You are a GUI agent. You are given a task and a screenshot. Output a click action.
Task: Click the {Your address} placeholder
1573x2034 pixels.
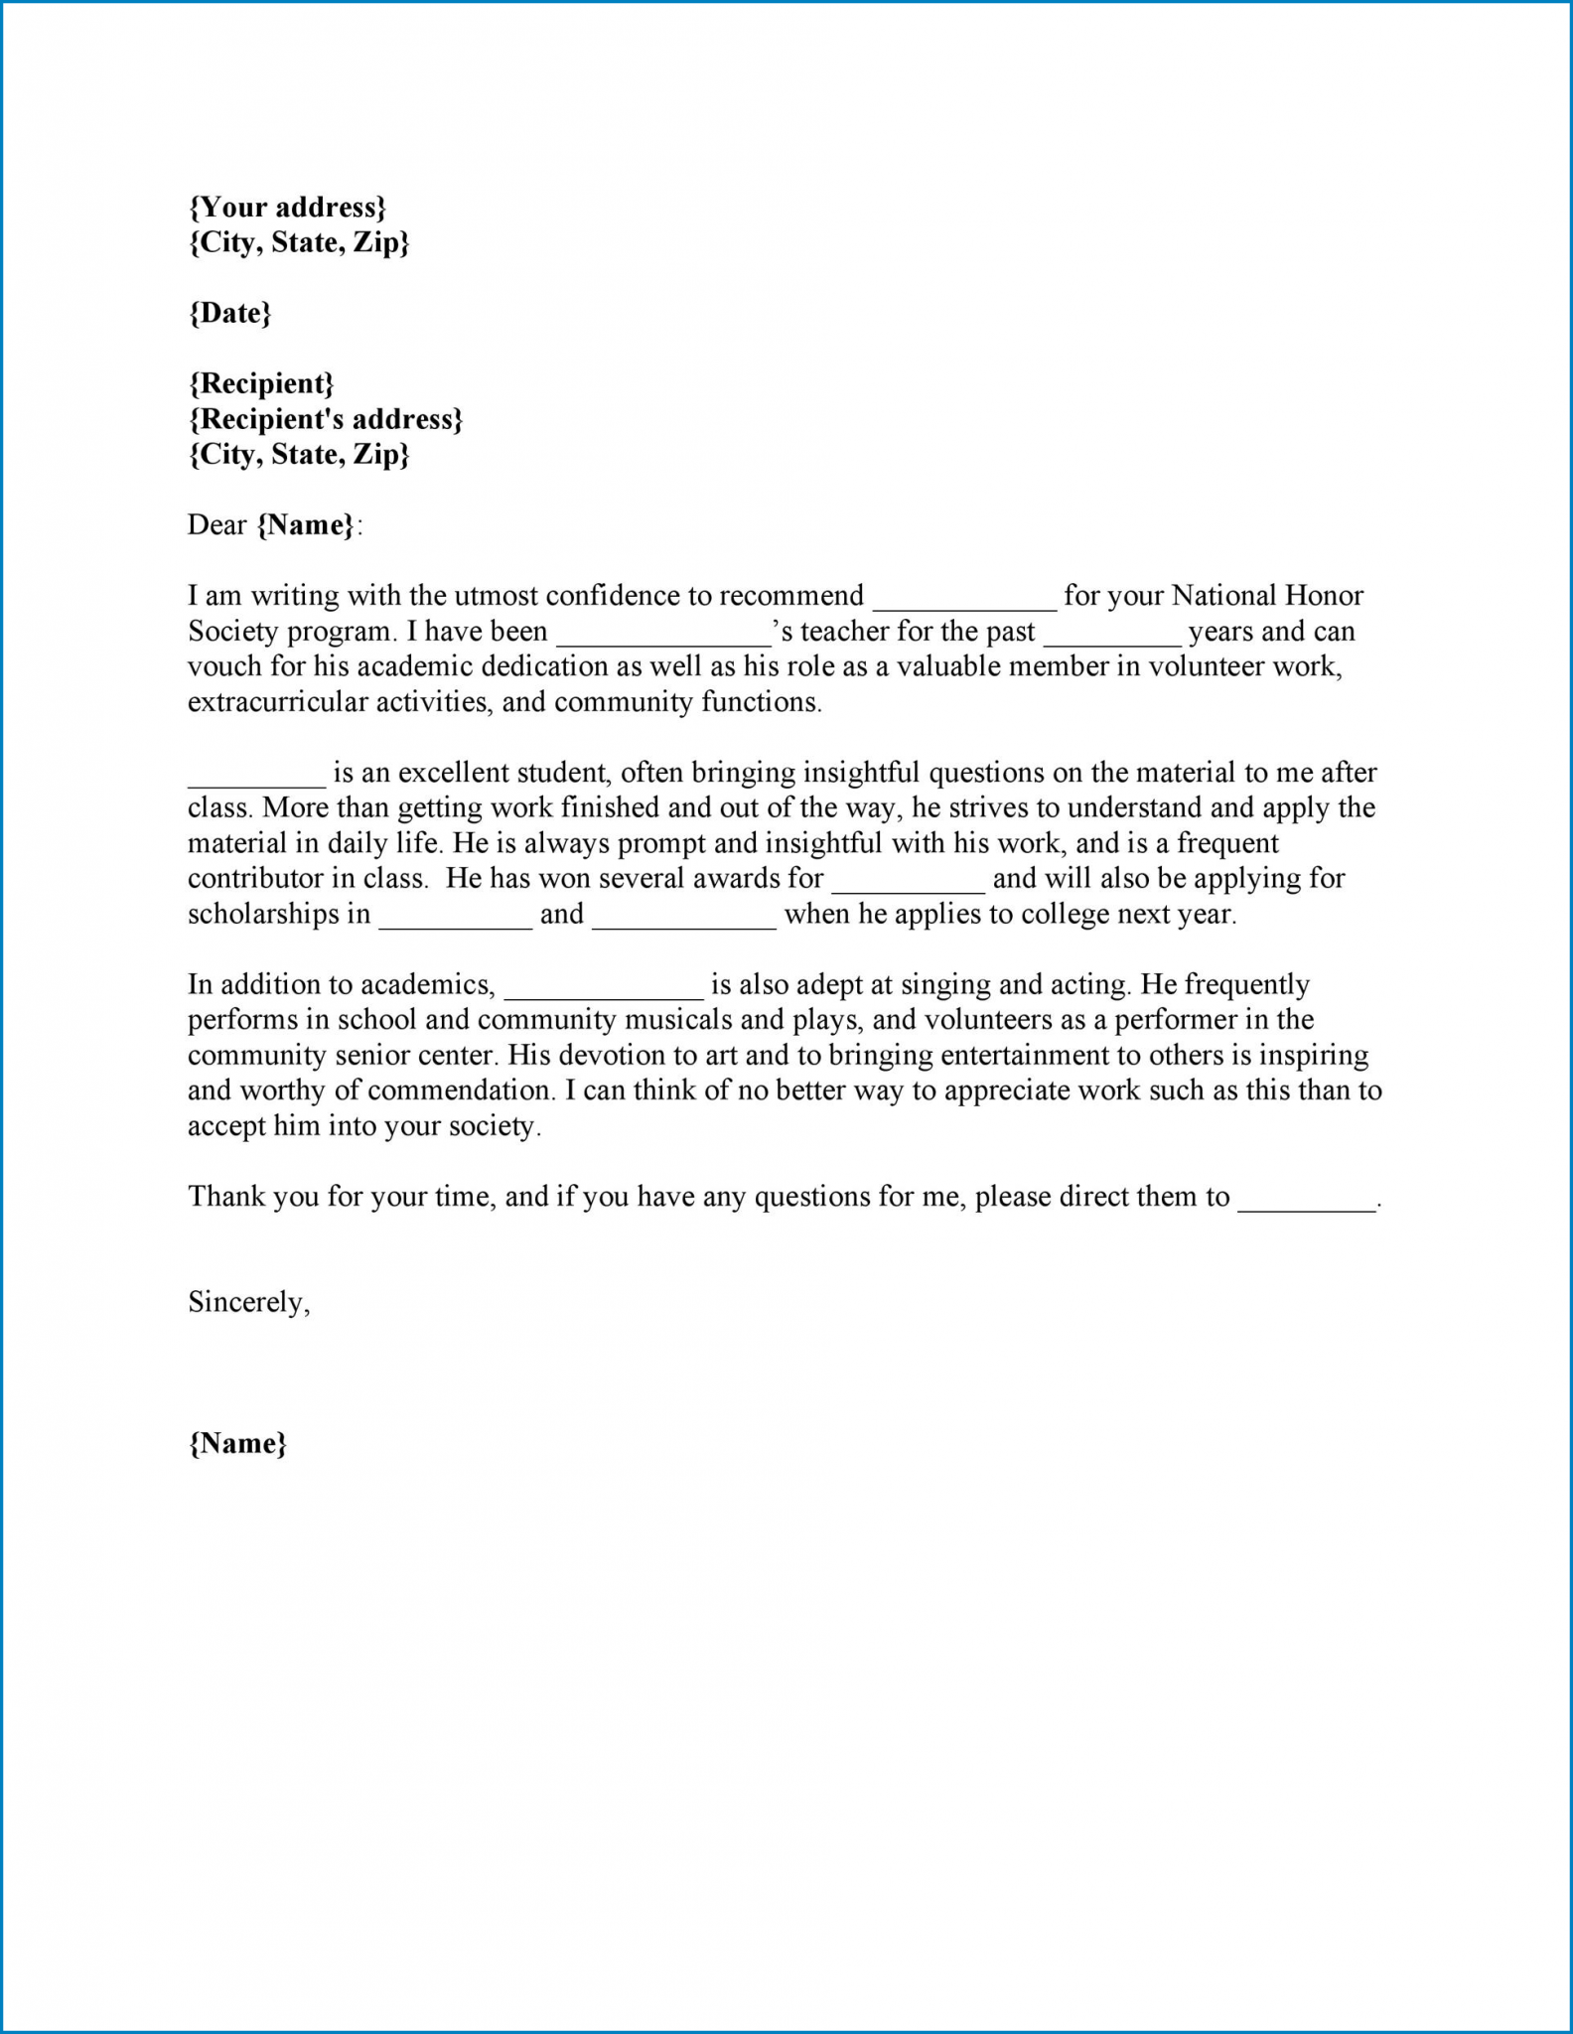pos(287,208)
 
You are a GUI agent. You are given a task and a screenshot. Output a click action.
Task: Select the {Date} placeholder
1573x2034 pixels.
pos(229,313)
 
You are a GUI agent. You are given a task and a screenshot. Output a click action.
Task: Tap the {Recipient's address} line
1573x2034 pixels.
pos(326,419)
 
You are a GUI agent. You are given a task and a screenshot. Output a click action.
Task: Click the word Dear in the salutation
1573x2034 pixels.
pos(216,525)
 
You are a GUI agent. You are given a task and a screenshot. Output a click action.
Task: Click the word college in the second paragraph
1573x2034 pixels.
pos(1052,915)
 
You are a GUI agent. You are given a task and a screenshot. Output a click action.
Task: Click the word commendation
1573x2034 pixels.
pos(459,1090)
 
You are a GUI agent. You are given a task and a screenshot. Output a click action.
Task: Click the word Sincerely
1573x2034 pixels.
pos(248,1302)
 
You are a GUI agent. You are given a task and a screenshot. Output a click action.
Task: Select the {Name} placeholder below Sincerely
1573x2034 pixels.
pos(237,1443)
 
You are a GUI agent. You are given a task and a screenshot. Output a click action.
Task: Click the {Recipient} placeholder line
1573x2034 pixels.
pos(261,383)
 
